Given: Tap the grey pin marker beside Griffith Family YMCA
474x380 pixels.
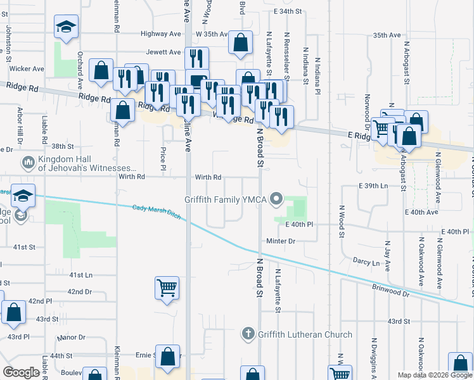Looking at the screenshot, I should [276, 199].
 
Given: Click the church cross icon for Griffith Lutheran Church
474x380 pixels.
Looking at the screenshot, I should [248, 334].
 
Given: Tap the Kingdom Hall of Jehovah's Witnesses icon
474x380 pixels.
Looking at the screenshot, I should [28, 163].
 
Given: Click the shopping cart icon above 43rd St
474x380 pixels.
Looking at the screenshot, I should [167, 288].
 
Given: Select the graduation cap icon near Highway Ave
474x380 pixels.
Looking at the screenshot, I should [65, 27].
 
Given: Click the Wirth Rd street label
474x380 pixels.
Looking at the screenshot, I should [208, 177].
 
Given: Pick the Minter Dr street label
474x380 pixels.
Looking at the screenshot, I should [281, 241].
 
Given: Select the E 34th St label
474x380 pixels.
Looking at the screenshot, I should [288, 11].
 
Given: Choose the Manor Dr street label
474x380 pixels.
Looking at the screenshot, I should [70, 338].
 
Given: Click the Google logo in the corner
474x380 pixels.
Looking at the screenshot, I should [21, 372].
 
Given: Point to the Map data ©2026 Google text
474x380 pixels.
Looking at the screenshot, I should [435, 375].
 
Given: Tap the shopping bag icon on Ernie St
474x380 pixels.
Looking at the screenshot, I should [167, 357].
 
